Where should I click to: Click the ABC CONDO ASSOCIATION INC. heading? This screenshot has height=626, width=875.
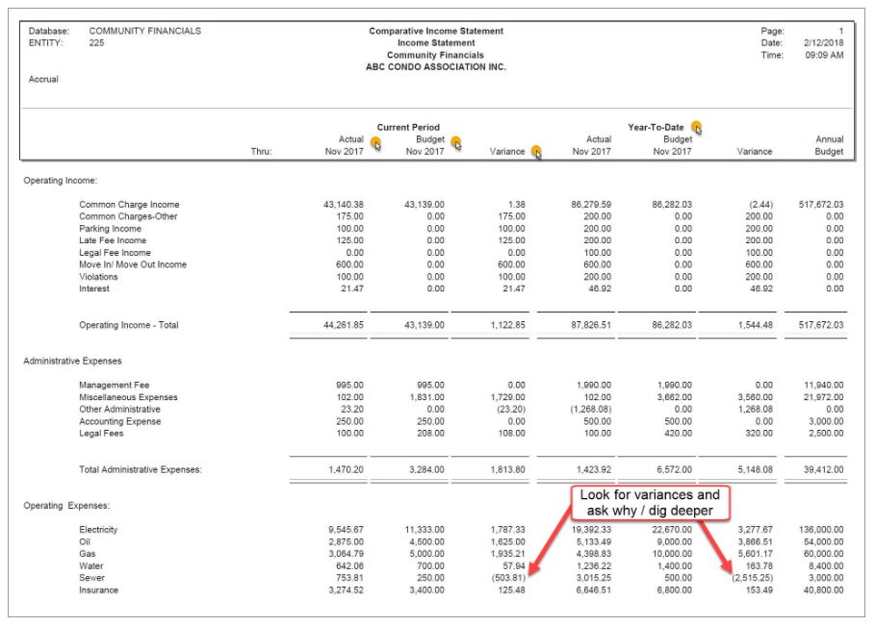point(435,67)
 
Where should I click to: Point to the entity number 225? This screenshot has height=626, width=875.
point(96,43)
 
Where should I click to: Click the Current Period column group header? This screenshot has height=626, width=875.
point(408,127)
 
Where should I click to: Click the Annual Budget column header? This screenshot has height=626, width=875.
point(827,145)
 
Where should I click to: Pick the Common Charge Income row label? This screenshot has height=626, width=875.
point(129,205)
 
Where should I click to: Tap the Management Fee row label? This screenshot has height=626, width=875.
point(115,386)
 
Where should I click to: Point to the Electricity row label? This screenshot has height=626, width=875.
point(102,530)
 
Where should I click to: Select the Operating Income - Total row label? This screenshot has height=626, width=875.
point(129,325)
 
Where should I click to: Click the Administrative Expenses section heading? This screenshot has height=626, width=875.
point(74,362)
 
